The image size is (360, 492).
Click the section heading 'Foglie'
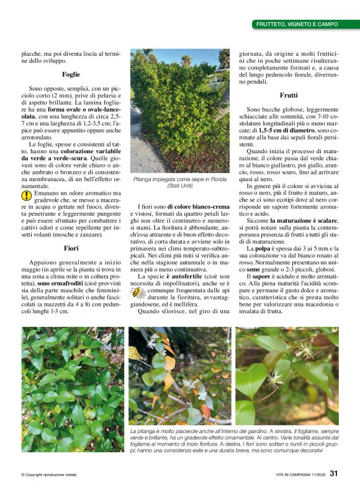point(71,74)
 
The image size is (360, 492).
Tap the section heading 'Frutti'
point(289,96)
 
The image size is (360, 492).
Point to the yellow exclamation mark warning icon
point(26,195)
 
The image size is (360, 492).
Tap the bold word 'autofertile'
point(184,276)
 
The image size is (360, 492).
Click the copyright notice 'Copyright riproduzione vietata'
point(50,475)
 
